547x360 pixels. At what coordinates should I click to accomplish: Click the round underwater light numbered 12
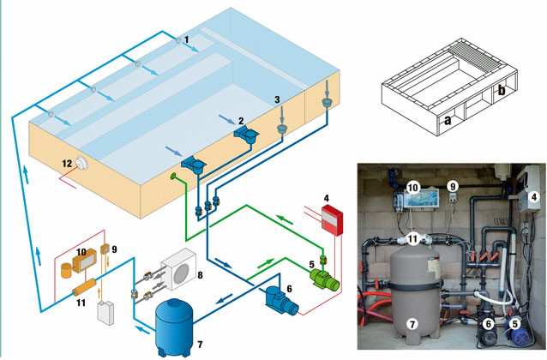[x=85, y=165]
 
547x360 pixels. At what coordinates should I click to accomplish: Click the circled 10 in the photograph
[x=412, y=185]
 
